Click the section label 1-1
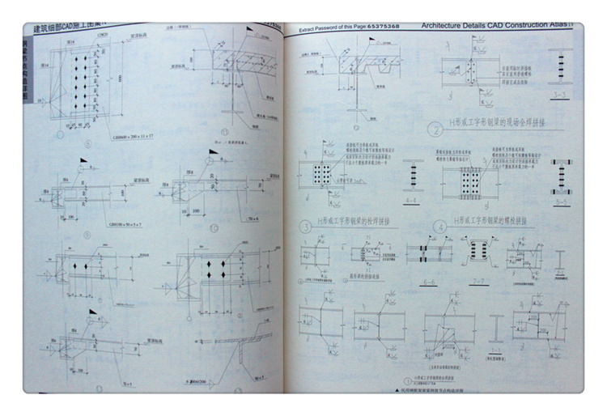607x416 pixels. pyautogui.click(x=495, y=350)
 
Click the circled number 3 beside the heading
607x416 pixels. pyautogui.click(x=306, y=227)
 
